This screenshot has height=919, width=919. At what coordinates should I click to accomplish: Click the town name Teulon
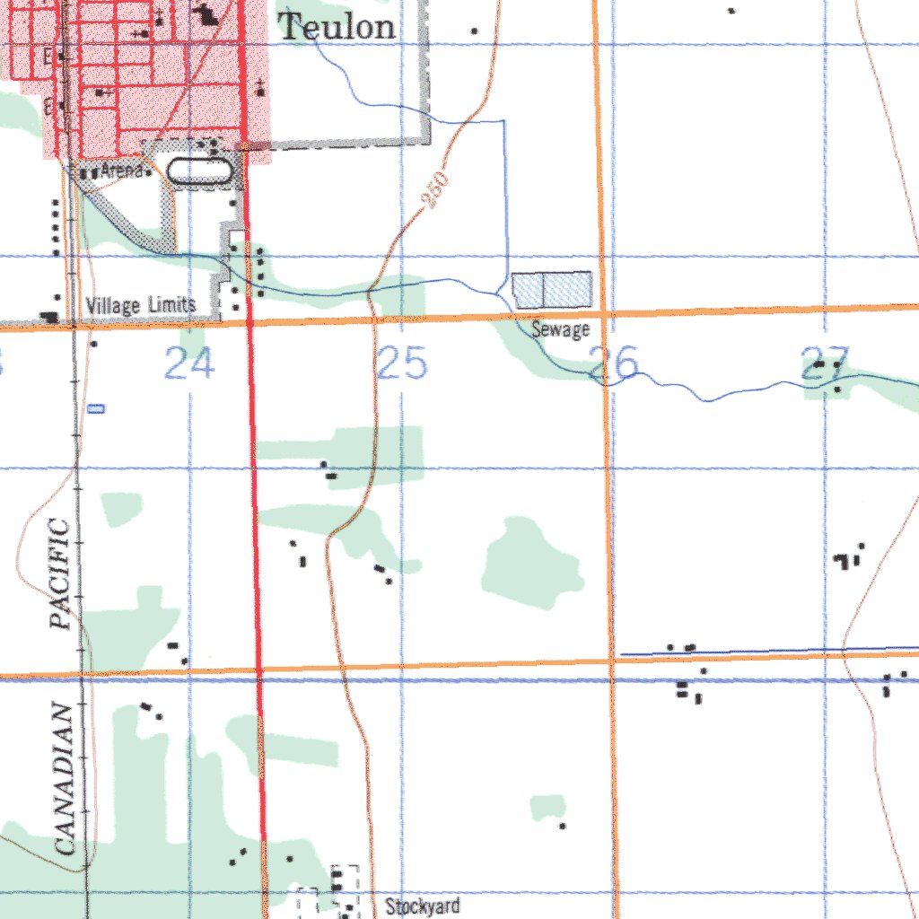click(x=337, y=26)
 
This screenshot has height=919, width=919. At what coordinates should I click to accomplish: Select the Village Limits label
click(x=141, y=306)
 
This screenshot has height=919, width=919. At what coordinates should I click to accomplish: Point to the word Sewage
click(x=560, y=330)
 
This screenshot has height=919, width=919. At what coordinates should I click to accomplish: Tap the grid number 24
click(x=190, y=364)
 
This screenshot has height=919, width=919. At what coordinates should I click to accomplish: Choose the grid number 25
click(x=401, y=364)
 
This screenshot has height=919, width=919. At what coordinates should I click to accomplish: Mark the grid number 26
click(x=614, y=363)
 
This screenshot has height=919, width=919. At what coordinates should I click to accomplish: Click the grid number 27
click(x=825, y=363)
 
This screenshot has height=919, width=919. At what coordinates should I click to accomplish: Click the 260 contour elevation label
click(x=437, y=192)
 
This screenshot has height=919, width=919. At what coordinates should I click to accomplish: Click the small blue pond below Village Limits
click(x=97, y=408)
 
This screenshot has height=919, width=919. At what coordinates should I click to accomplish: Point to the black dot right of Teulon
click(x=474, y=31)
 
